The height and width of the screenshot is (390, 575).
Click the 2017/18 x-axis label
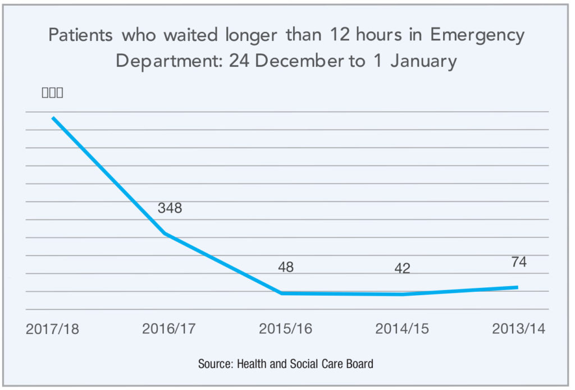tap(52, 328)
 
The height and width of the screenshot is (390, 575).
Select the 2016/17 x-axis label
tap(169, 328)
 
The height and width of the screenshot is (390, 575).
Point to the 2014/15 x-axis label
tap(402, 328)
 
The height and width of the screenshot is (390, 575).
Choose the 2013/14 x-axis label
tap(518, 328)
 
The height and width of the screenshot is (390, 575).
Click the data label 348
tap(170, 208)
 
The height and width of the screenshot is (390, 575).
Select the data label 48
tap(285, 267)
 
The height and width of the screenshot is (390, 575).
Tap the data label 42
tap(402, 268)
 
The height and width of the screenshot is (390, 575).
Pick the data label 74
tap(519, 261)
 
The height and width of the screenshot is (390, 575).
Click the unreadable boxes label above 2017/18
tap(52, 93)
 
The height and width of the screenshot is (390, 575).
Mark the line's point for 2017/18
tap(53, 118)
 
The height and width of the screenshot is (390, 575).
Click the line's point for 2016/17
tap(164, 233)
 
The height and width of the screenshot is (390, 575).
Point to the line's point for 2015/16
tap(281, 293)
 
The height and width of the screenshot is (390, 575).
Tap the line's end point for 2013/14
tap(517, 287)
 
